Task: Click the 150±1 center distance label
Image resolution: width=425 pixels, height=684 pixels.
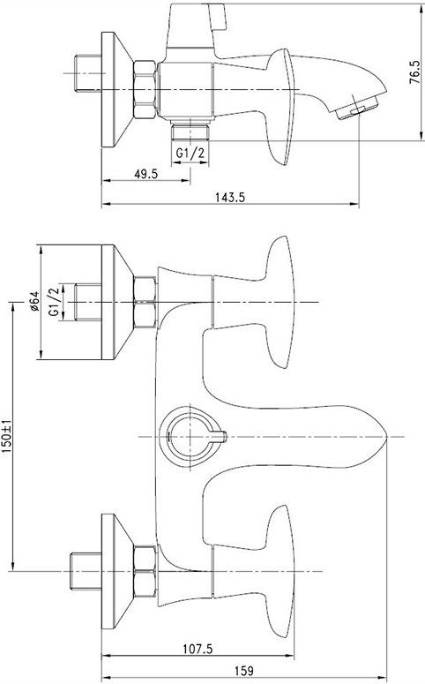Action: click(8, 438)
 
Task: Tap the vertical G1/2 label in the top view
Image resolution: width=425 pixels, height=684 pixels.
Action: click(54, 303)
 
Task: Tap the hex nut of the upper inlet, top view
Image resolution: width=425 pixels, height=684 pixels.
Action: click(144, 303)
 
